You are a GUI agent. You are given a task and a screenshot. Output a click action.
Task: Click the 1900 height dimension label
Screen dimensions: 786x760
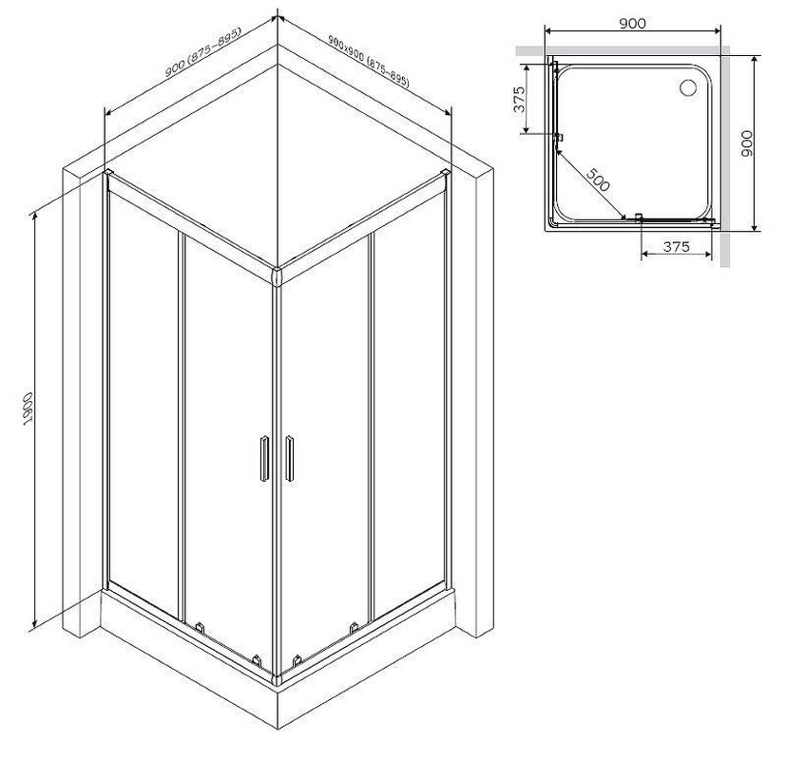[29, 408]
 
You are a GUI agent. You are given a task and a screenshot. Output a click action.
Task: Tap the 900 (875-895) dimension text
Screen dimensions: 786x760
[203, 52]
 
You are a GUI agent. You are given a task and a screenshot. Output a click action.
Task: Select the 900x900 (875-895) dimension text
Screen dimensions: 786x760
[369, 61]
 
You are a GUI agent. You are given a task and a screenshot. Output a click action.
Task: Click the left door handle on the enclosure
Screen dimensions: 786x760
[264, 459]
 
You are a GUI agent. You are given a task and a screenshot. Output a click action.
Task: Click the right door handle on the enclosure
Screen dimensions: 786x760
[289, 459]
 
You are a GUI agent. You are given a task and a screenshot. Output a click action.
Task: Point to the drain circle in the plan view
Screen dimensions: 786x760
[688, 87]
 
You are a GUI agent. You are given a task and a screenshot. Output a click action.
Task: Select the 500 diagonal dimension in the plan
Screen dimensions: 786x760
[598, 180]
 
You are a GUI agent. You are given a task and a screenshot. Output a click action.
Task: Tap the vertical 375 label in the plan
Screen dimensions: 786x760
[519, 99]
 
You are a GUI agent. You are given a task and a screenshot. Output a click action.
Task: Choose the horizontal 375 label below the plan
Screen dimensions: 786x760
[676, 246]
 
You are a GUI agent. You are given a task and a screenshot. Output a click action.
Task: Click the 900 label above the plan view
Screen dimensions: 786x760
[632, 23]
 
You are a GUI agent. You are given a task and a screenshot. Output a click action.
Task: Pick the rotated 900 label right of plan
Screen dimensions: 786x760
[746, 143]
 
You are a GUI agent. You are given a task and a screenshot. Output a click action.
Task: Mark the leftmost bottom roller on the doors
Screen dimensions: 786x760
[200, 627]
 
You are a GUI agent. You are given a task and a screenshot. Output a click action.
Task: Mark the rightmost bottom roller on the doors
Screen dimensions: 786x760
[354, 627]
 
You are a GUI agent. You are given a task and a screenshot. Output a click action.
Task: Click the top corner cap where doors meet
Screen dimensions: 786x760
[277, 276]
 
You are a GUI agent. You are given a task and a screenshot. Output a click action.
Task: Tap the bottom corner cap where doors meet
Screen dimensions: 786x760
[277, 679]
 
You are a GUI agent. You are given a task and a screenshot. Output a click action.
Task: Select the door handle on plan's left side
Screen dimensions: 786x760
[559, 137]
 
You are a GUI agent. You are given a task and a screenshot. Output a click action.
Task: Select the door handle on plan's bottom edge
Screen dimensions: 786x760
[639, 218]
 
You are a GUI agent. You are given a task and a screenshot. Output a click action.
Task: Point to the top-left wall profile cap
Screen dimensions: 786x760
[107, 173]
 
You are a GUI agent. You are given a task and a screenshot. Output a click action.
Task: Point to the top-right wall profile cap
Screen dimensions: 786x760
[445, 173]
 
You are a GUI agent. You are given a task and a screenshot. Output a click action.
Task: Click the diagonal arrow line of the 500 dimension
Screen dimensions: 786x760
[591, 184]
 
